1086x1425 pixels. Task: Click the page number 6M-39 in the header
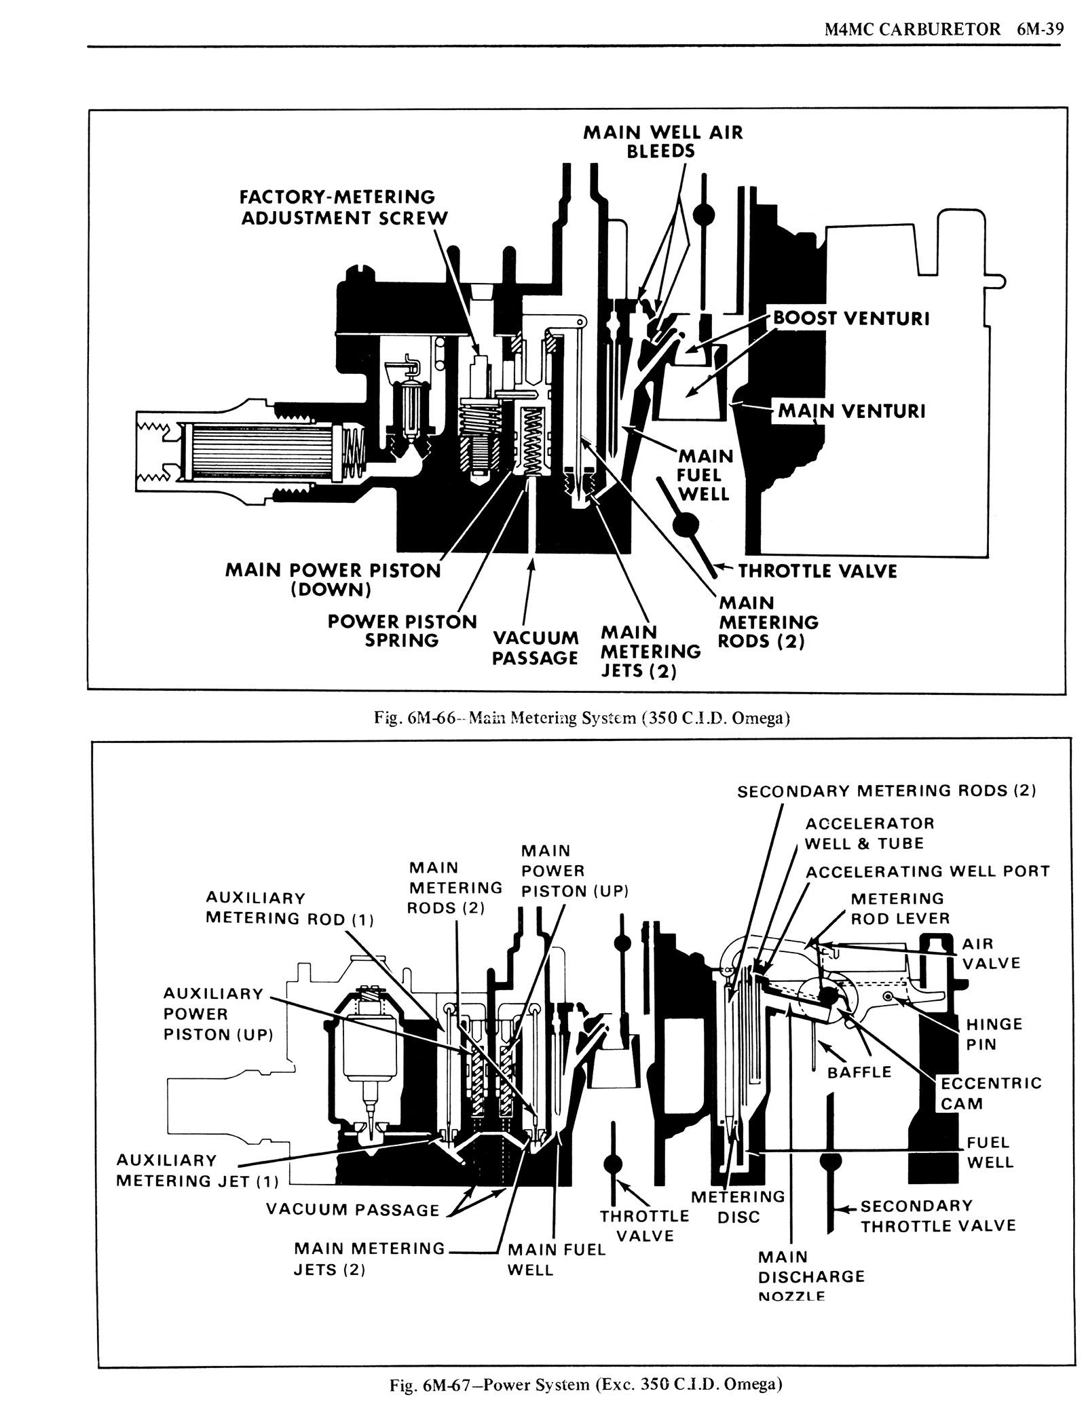click(x=1039, y=30)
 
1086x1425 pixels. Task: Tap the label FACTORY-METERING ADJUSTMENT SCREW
click(x=345, y=208)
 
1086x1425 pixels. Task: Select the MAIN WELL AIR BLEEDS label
click(x=663, y=141)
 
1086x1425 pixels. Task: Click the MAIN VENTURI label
click(x=852, y=411)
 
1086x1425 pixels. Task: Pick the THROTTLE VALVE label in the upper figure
click(x=818, y=571)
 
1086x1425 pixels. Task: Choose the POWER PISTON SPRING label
click(x=402, y=631)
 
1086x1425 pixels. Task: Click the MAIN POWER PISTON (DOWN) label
click(x=333, y=579)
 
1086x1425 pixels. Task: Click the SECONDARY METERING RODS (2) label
click(x=887, y=791)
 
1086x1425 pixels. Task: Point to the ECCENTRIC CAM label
click(x=991, y=1092)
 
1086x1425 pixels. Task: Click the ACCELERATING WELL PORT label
click(x=927, y=871)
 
